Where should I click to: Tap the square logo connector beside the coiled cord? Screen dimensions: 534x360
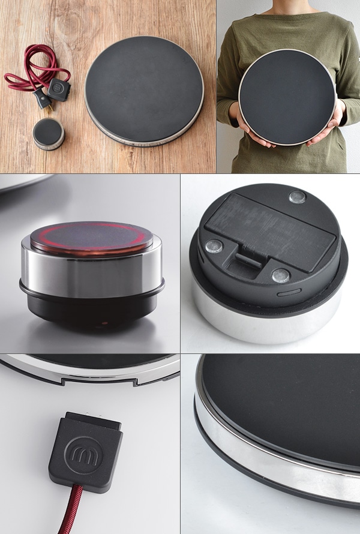click(x=59, y=89)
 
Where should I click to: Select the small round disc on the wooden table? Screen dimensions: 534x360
click(x=49, y=133)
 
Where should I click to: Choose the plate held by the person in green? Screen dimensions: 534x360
click(x=287, y=97)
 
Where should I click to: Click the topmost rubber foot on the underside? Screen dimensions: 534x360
click(x=297, y=197)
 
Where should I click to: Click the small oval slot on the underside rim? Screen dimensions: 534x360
click(x=289, y=292)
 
